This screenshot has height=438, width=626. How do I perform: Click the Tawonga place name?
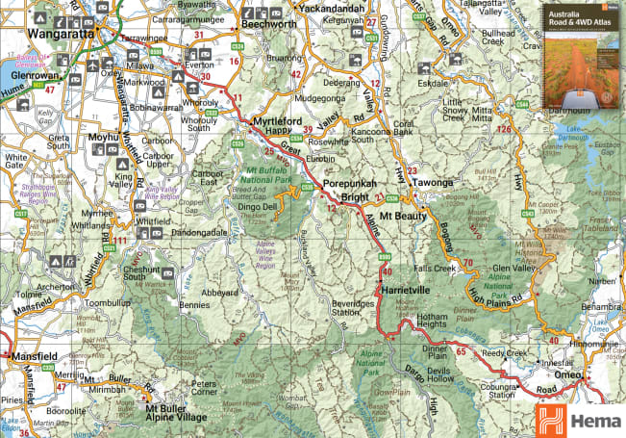[x=430, y=181]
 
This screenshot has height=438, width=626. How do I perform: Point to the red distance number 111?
[x=120, y=241]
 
